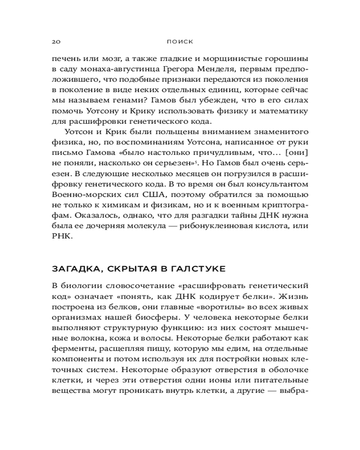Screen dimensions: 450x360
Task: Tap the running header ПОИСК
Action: point(180,41)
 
